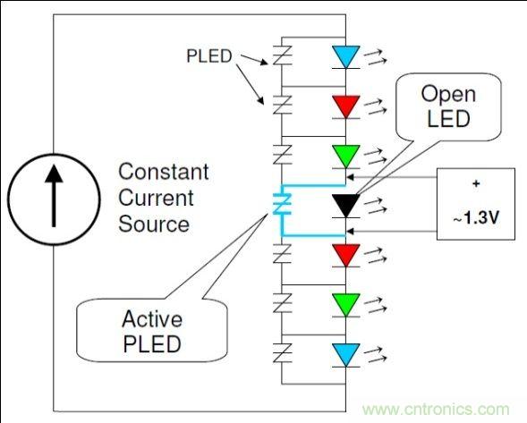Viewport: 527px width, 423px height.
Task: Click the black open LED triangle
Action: (344, 204)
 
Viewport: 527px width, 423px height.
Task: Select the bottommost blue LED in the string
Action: (344, 351)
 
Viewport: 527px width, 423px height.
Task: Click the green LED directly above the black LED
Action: (344, 155)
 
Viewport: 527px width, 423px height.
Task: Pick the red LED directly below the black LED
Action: (344, 254)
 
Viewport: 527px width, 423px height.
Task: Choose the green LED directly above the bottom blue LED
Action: (344, 302)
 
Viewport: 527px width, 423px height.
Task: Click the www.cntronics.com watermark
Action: (438, 410)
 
